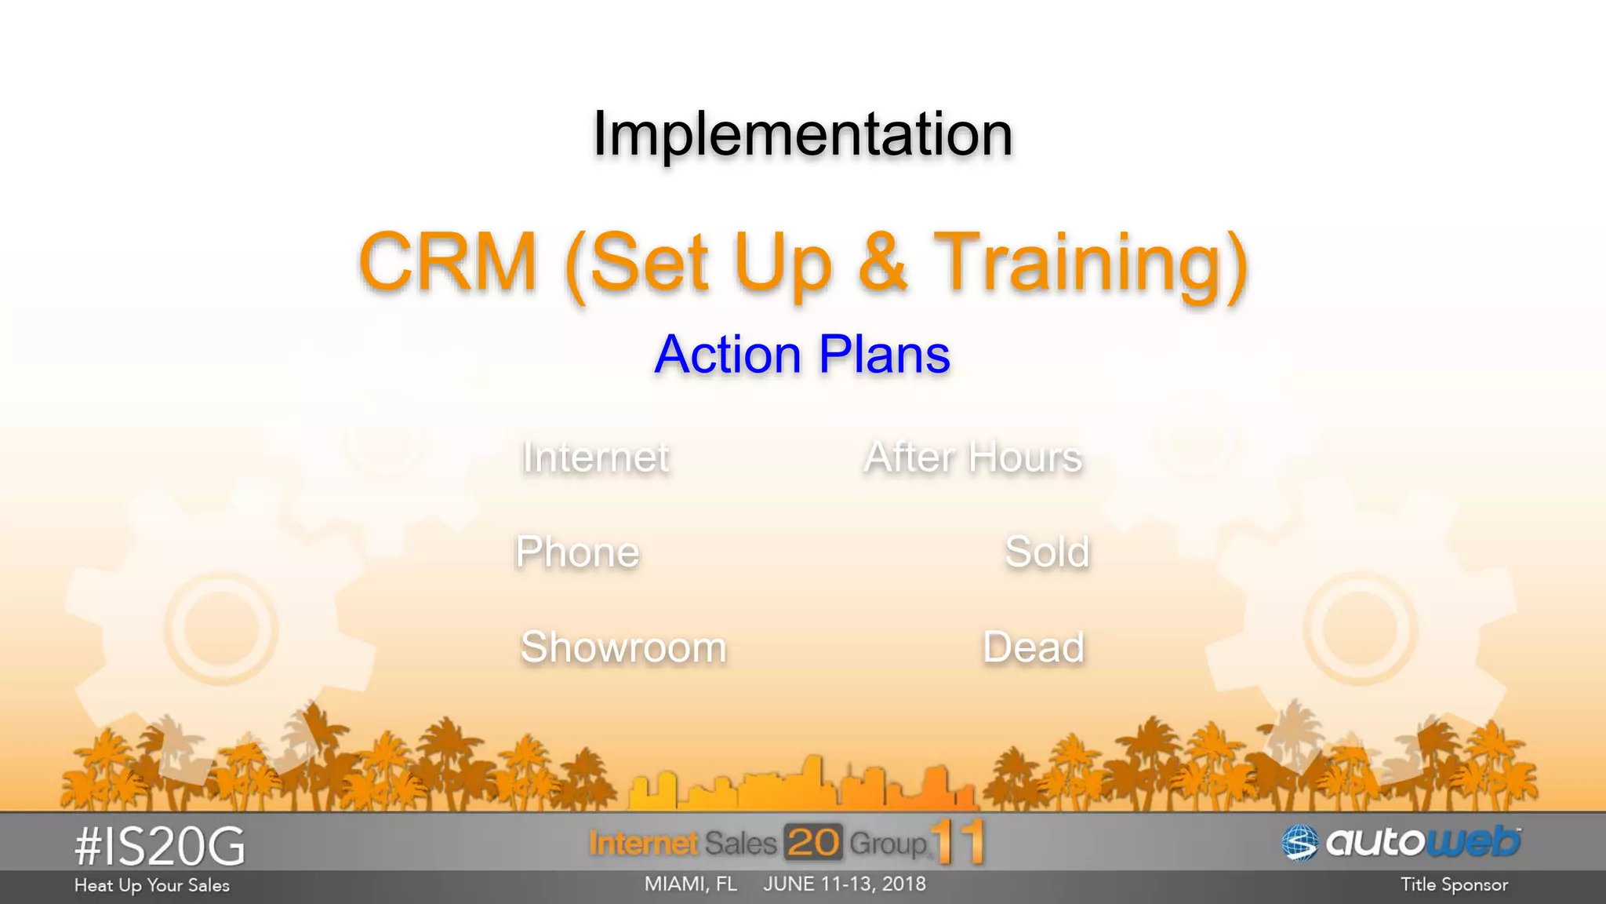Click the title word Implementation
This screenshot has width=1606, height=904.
[802, 134]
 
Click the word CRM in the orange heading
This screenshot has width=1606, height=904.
[447, 262]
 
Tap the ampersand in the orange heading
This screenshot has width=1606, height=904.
[883, 262]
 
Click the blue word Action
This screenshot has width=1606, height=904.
[727, 355]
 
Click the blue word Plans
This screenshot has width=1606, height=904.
[884, 355]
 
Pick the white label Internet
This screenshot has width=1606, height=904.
[595, 457]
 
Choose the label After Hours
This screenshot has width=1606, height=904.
[972, 457]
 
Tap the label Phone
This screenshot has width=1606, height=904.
[577, 552]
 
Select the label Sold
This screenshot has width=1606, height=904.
[1047, 552]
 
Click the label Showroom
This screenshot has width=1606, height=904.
[623, 648]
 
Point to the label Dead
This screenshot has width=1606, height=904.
[1034, 648]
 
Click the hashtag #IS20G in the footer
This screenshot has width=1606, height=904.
[160, 847]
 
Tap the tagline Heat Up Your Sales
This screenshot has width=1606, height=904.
[151, 886]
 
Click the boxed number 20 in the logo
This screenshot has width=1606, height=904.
[813, 843]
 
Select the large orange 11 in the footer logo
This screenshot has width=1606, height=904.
[958, 843]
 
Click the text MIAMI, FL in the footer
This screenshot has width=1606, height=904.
[690, 884]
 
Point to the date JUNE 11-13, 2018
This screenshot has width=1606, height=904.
[845, 884]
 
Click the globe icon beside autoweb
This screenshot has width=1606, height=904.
[1299, 844]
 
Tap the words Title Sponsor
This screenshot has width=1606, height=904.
[1454, 885]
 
